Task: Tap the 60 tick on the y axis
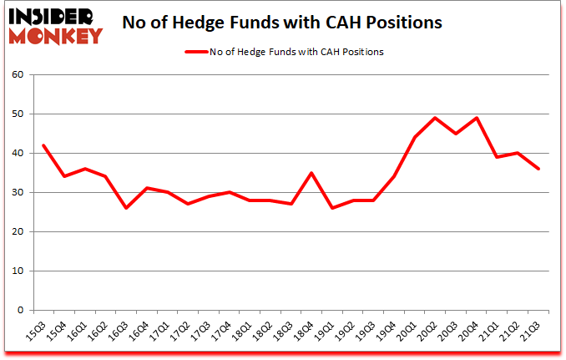pos(18,75)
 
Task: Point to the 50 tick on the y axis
pos(18,114)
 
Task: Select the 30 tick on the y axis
pos(18,193)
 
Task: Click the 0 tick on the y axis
pos(22,311)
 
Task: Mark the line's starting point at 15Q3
pos(43,145)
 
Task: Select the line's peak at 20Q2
pos(436,118)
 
